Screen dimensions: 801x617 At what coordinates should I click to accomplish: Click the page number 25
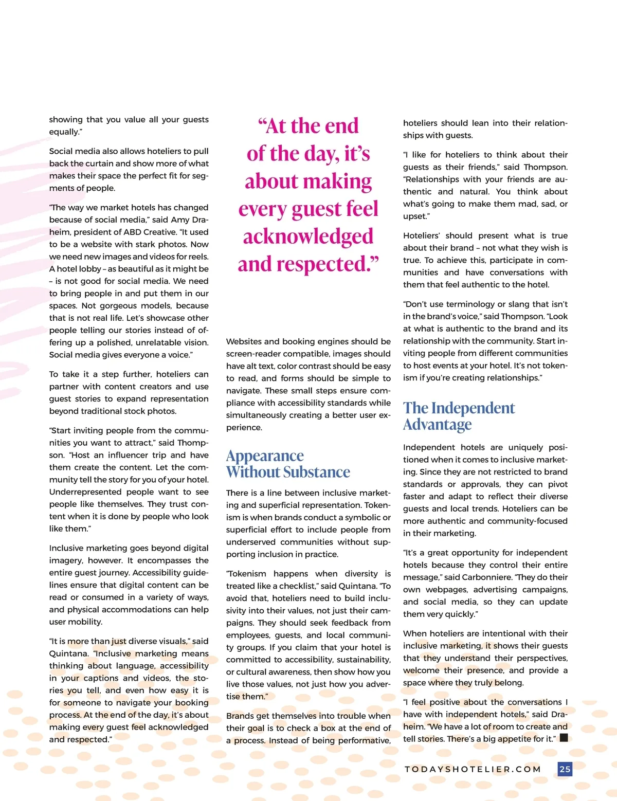tap(565, 769)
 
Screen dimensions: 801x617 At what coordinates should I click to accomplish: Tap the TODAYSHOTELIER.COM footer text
tap(473, 769)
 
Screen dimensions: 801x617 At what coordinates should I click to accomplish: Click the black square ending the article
tap(564, 738)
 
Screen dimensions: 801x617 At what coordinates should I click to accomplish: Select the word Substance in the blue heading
tap(317, 472)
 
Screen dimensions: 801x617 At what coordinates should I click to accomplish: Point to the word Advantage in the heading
tap(437, 425)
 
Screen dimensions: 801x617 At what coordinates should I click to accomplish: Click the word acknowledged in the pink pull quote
tap(308, 236)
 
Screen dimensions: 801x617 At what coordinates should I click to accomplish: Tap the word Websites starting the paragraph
tap(244, 341)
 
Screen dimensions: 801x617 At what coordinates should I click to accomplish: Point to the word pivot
tap(555, 484)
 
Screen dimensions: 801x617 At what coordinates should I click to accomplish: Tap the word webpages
tap(446, 590)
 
